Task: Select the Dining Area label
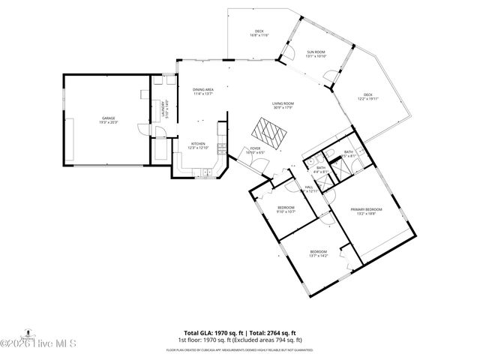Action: click(x=203, y=91)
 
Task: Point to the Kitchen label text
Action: click(x=198, y=145)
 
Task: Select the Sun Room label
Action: click(x=316, y=54)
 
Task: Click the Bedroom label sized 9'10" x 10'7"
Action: click(x=286, y=209)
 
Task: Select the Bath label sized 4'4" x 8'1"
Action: click(x=320, y=169)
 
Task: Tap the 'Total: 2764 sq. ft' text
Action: click(x=270, y=332)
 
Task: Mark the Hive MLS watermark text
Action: click(x=34, y=344)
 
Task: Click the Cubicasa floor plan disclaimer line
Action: click(x=239, y=349)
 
